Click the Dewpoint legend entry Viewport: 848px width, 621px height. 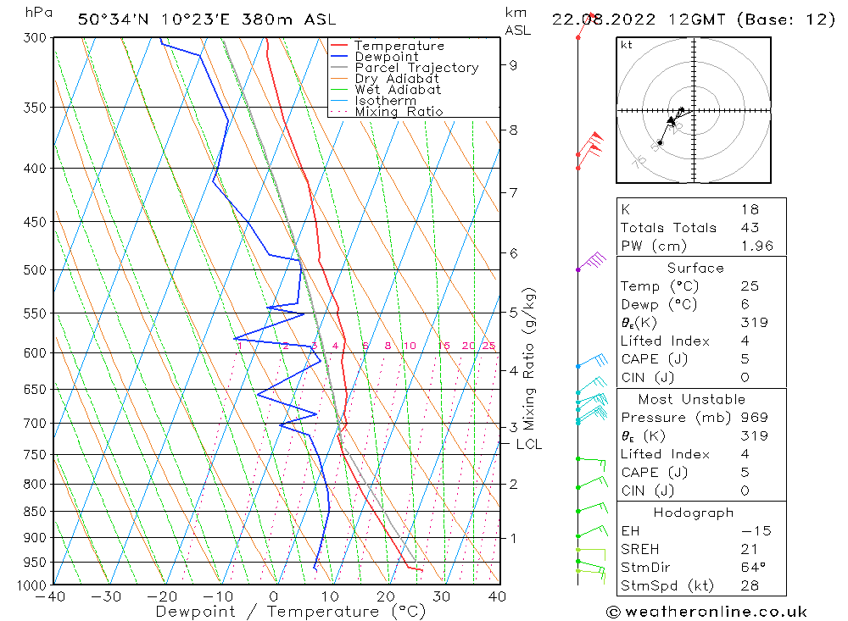coord(387,57)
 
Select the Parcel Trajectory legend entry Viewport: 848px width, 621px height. coord(416,68)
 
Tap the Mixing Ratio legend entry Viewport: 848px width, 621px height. coord(399,112)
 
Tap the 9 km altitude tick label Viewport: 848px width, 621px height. coord(513,64)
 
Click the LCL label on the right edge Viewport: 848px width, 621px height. coord(528,444)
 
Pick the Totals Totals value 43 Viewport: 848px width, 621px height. coord(750,227)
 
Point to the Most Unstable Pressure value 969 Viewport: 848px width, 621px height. coord(754,417)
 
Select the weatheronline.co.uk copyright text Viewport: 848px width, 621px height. coord(706,611)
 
